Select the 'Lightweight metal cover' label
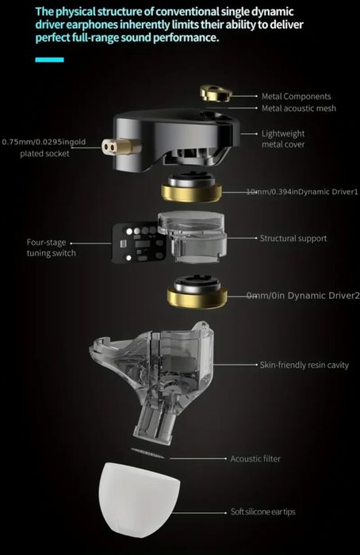(x=283, y=140)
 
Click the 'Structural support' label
(x=293, y=238)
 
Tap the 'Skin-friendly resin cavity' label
(x=305, y=366)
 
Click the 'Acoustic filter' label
(x=255, y=458)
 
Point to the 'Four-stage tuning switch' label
(x=51, y=247)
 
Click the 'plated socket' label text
(x=45, y=153)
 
